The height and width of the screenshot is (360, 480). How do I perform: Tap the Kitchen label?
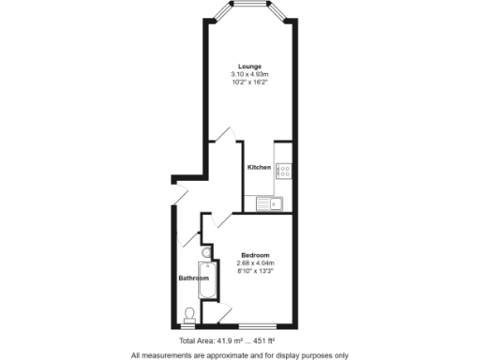click(x=260, y=168)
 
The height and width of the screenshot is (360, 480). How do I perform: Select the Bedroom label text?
click(x=255, y=256)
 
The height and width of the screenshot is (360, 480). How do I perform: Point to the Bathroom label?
click(x=193, y=278)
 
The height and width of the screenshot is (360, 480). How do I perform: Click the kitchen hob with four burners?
click(x=283, y=171)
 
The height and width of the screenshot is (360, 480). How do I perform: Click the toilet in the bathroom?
click(x=189, y=313)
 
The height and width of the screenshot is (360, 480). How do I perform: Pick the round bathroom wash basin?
click(x=205, y=251)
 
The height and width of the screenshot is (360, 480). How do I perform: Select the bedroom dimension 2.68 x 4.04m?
click(x=255, y=263)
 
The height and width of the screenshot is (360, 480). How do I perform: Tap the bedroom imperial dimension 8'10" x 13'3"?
click(x=255, y=271)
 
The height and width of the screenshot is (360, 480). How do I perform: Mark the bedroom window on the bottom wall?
click(x=257, y=325)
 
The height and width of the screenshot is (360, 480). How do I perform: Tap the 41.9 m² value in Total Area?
click(x=232, y=340)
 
